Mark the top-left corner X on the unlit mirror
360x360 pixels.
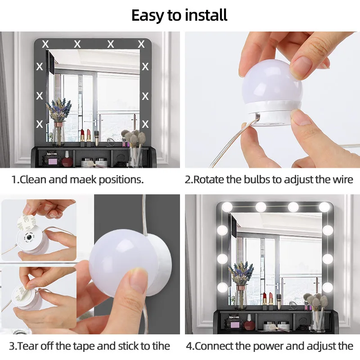pos(45,44)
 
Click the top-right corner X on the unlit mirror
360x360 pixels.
pos(141,44)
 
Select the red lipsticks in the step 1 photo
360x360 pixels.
pos(85,135)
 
